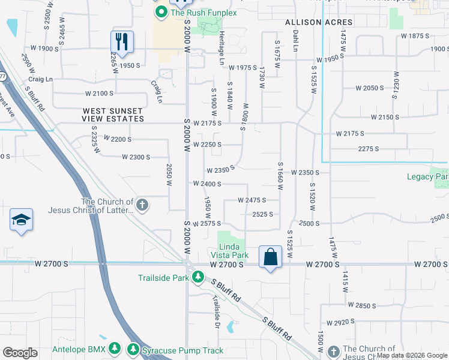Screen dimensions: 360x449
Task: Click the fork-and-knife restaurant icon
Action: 122,42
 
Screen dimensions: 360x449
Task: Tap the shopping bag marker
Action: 271,257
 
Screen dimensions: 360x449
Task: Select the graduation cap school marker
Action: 21,220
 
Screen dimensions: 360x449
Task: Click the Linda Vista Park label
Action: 232,251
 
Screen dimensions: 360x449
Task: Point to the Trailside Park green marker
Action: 197,277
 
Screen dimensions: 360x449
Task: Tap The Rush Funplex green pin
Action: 161,12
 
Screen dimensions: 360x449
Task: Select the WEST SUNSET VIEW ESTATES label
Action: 113,115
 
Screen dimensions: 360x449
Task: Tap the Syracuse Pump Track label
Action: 182,350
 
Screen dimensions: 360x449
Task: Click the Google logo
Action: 20,353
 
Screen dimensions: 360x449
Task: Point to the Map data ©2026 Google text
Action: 412,355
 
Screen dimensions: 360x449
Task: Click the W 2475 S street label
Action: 252,200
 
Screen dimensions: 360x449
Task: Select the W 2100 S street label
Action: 99,93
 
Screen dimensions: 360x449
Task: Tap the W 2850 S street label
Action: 362,305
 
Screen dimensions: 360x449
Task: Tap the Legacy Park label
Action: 427,176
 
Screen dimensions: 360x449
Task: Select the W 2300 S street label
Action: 135,157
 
